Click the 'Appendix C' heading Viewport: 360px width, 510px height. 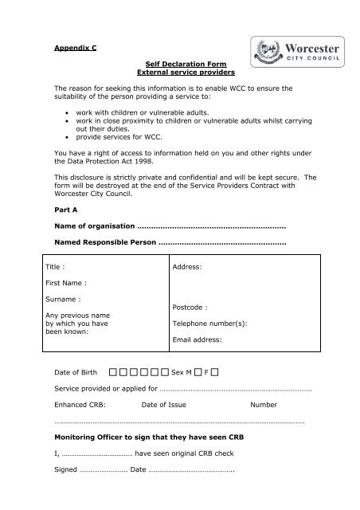[x=76, y=47]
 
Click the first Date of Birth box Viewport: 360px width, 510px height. [x=115, y=371]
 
